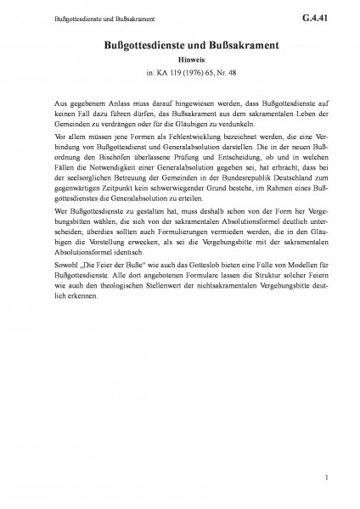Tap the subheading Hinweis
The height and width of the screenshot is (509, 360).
tap(179, 61)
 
